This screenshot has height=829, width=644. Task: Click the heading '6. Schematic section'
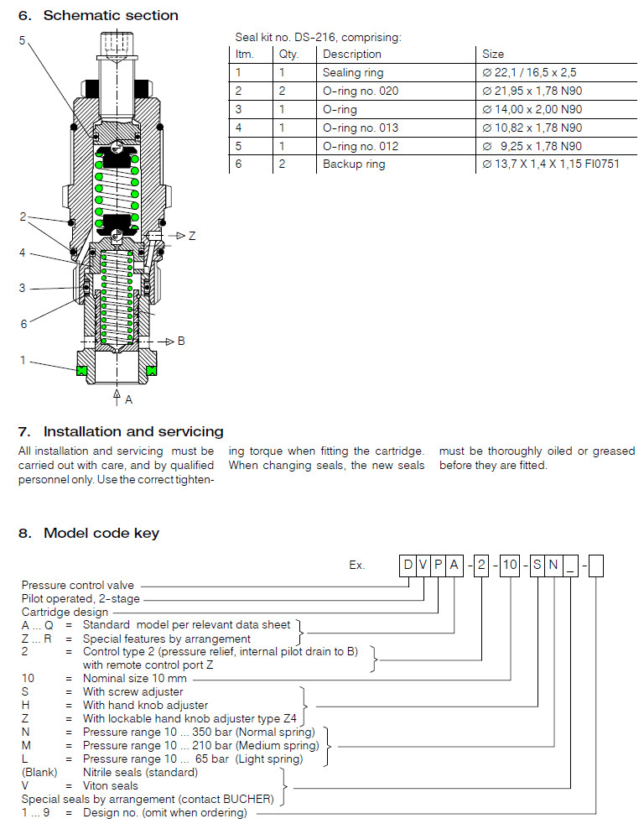(98, 15)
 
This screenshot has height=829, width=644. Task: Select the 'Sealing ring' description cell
(353, 73)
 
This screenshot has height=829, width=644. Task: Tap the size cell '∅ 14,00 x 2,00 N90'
(532, 109)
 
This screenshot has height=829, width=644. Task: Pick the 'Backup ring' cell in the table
(354, 164)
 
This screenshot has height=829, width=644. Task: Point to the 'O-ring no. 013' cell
(361, 128)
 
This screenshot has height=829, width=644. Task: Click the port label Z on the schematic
(192, 237)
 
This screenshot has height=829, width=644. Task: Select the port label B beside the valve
(180, 341)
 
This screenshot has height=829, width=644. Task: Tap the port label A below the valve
(128, 399)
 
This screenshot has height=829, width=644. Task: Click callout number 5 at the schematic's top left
(23, 40)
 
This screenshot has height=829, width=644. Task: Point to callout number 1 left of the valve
(23, 360)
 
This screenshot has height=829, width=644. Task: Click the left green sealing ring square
(82, 370)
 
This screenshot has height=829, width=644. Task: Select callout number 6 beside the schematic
(23, 324)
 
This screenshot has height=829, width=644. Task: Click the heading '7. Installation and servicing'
(121, 431)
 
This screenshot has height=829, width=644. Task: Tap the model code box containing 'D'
(408, 565)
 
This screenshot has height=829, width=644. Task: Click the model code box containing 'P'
(439, 565)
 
